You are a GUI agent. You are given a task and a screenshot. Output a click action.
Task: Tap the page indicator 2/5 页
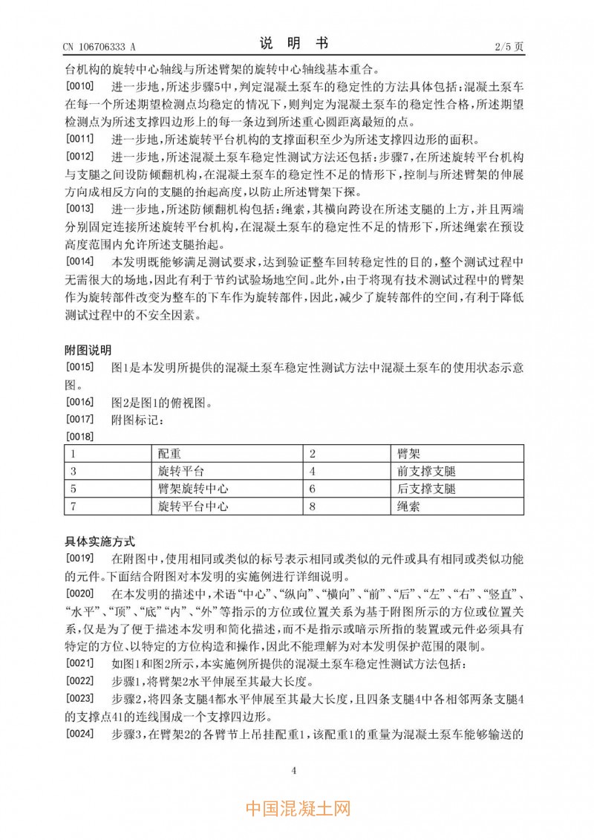click(x=509, y=46)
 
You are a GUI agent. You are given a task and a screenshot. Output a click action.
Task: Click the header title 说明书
click(x=294, y=43)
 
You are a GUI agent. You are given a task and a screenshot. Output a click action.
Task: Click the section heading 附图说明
click(x=89, y=350)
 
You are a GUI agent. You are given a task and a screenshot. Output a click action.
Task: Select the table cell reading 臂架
click(x=408, y=453)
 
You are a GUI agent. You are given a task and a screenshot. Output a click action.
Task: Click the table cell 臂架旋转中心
click(x=192, y=489)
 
